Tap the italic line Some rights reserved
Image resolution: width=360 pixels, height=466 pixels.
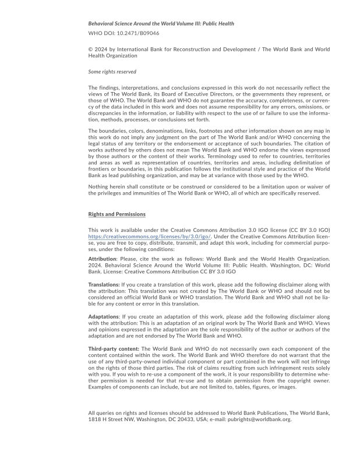[112, 72]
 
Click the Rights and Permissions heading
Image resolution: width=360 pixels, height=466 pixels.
[117, 214]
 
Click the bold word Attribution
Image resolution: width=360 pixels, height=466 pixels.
[102, 258]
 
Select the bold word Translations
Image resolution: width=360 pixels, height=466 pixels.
[104, 285]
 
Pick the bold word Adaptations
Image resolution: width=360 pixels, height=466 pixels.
[104, 316]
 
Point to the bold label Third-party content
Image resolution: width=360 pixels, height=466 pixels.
[114, 348]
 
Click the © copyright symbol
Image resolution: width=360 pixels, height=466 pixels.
[90, 50]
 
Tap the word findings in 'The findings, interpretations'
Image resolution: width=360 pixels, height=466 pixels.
[108, 88]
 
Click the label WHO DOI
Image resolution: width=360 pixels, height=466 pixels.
[101, 34]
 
